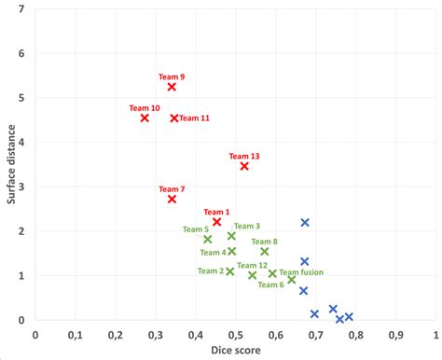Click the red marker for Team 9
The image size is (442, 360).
tap(172, 87)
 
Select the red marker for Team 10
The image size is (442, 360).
tap(145, 118)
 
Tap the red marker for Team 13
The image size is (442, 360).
tap(244, 166)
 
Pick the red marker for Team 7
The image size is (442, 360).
tap(172, 199)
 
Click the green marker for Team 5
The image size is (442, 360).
tap(208, 239)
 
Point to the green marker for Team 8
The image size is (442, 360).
tap(264, 251)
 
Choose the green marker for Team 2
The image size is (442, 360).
tap(230, 271)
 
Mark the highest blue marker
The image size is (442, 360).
tap(305, 223)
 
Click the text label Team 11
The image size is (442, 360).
tap(194, 118)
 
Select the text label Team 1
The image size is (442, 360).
tap(216, 212)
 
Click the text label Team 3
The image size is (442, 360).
tap(247, 226)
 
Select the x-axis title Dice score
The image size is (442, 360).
tap(236, 350)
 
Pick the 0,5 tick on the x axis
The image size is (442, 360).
tap(235, 332)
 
